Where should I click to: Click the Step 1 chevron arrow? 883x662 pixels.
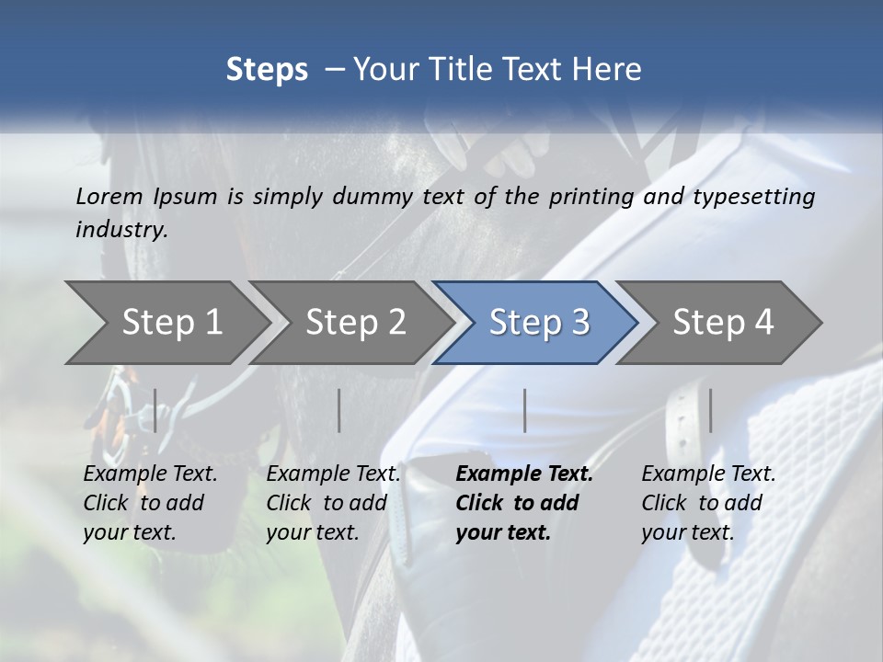click(x=171, y=322)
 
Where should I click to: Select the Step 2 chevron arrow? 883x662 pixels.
click(x=355, y=322)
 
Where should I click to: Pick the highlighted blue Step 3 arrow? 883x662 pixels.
click(x=539, y=322)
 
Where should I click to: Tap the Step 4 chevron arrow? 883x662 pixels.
click(x=723, y=322)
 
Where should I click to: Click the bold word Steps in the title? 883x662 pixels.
click(x=267, y=69)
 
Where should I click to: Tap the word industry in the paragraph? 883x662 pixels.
click(x=121, y=230)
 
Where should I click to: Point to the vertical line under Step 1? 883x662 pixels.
click(x=155, y=410)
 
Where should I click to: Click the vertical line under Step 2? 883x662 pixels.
click(x=339, y=410)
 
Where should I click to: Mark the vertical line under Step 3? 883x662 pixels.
click(x=524, y=410)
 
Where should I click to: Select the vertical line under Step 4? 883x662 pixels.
click(x=710, y=410)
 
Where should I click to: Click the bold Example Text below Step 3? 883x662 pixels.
click(x=524, y=474)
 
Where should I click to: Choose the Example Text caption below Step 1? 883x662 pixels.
click(x=150, y=474)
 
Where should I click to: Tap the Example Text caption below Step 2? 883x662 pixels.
click(x=333, y=474)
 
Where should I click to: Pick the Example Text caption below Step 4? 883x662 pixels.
click(x=708, y=474)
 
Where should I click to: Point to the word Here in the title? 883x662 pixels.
click(x=611, y=69)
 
